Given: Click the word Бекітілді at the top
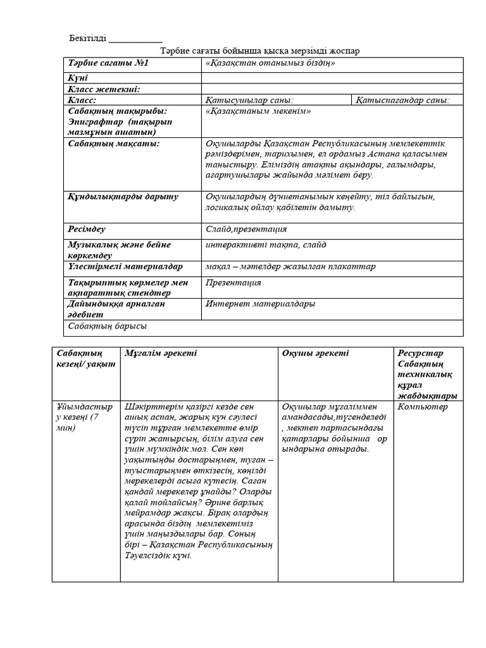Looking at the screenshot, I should [x=87, y=39].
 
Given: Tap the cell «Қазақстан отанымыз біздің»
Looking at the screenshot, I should [x=270, y=64].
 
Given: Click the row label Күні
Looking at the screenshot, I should [x=76, y=78].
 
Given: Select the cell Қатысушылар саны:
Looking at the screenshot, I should [x=249, y=100].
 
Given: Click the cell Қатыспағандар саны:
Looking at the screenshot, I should [x=402, y=100].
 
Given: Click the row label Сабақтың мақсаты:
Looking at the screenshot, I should [x=105, y=144].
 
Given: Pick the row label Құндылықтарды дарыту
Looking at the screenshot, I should [x=123, y=197].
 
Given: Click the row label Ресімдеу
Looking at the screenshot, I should [x=87, y=229].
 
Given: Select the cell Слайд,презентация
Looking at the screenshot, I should [x=246, y=229].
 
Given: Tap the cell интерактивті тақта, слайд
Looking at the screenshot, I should [x=266, y=245].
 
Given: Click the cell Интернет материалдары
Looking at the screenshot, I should [x=260, y=304].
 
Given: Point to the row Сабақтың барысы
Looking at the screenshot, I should [x=107, y=326].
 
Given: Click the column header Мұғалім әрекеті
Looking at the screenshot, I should [x=161, y=353].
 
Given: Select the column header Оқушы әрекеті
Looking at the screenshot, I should [x=316, y=353].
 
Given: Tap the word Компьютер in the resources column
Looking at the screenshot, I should [x=423, y=407].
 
